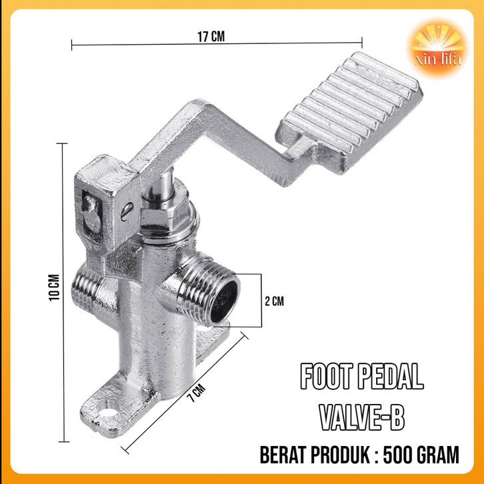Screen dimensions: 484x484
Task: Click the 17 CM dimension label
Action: pos(211,37)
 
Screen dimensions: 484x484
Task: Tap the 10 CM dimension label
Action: pos(54,287)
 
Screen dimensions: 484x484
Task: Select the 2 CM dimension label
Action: pos(274,301)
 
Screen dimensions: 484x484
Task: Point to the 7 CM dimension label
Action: pos(197,393)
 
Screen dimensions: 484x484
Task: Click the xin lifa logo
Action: pos(438,49)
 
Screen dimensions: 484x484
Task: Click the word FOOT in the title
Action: pos(326,376)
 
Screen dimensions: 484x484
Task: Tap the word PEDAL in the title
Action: pos(391,376)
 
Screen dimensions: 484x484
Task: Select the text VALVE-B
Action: pos(362,417)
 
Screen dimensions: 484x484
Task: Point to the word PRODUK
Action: pos(341,455)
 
